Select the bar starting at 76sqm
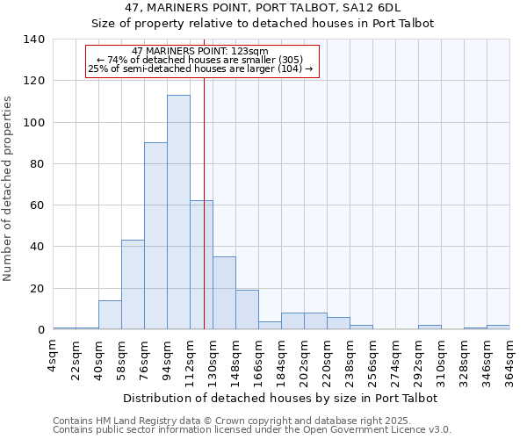pos(155,236)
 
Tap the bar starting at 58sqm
pos(133,284)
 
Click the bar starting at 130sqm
pos(224,293)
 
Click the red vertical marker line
pos(204,176)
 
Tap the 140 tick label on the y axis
pos(34,40)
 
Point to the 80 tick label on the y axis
pos(38,164)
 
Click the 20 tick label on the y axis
pos(38,289)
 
